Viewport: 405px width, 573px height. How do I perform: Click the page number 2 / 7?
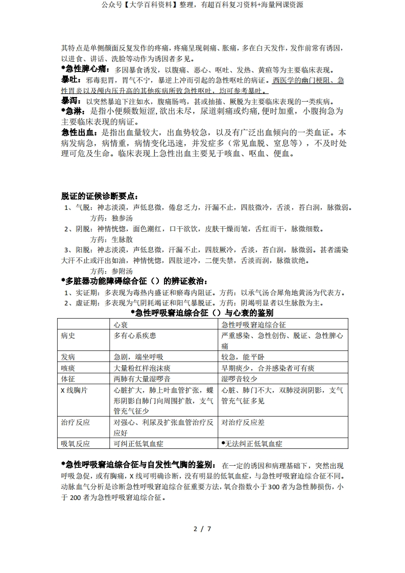202,529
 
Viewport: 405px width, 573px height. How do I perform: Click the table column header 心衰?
121,324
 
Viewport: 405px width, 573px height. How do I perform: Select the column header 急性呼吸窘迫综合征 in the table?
253,324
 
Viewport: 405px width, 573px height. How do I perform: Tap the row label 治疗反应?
75,422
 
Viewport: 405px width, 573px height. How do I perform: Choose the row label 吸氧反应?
75,444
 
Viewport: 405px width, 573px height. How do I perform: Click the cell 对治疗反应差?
243,422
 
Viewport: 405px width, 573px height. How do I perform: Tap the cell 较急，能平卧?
243,357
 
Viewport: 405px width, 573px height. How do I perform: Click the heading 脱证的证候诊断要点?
99,196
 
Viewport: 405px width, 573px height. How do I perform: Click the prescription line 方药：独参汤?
111,218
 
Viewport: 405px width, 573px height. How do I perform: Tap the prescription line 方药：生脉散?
111,239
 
